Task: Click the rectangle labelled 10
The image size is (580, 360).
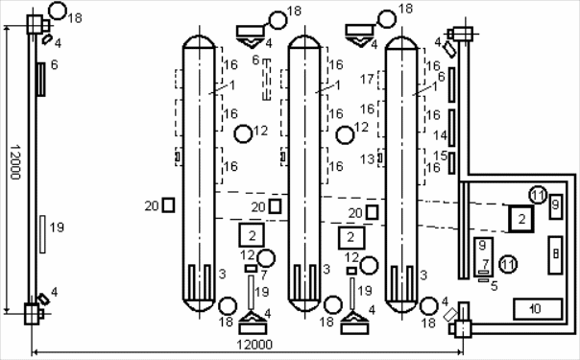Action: [538, 308]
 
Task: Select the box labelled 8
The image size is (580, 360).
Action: [555, 255]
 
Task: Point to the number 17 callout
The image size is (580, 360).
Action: [368, 79]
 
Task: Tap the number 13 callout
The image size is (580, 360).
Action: [368, 159]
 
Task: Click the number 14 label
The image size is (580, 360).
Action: [440, 135]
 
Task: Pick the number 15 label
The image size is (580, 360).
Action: [440, 156]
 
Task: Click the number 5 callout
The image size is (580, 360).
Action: [495, 286]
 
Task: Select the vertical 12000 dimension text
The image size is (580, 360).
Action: [15, 162]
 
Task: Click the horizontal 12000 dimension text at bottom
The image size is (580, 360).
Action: [254, 345]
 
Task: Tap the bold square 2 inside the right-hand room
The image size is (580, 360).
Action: [521, 219]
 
